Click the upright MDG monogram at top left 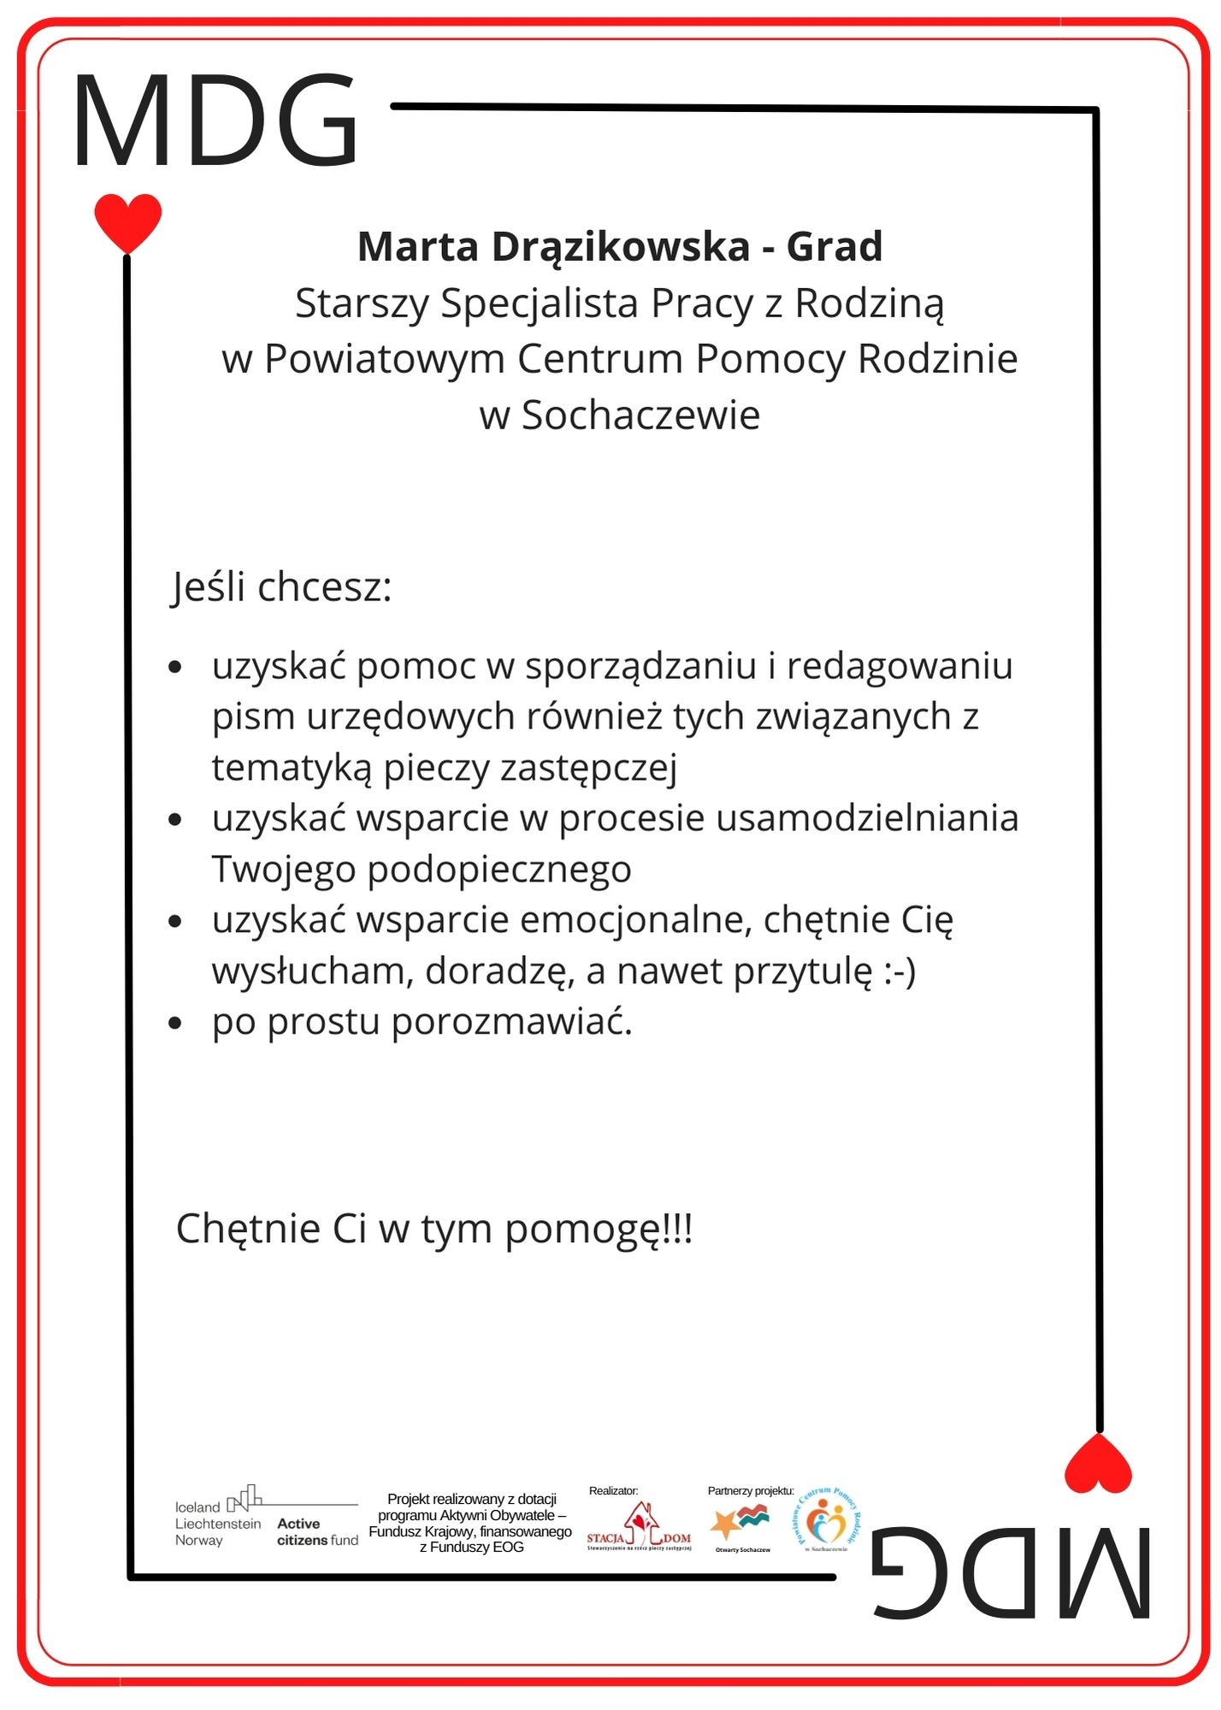click(215, 121)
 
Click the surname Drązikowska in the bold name click(620, 247)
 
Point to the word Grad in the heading click(834, 247)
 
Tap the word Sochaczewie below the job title click(640, 416)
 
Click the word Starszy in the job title click(362, 304)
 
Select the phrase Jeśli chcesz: click(282, 587)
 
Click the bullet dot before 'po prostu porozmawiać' click(175, 1023)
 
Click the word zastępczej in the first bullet click(588, 768)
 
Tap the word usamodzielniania click(867, 818)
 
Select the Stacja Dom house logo click(639, 1527)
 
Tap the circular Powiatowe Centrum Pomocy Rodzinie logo click(827, 1522)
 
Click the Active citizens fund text click(317, 1531)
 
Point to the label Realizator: click(613, 1490)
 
